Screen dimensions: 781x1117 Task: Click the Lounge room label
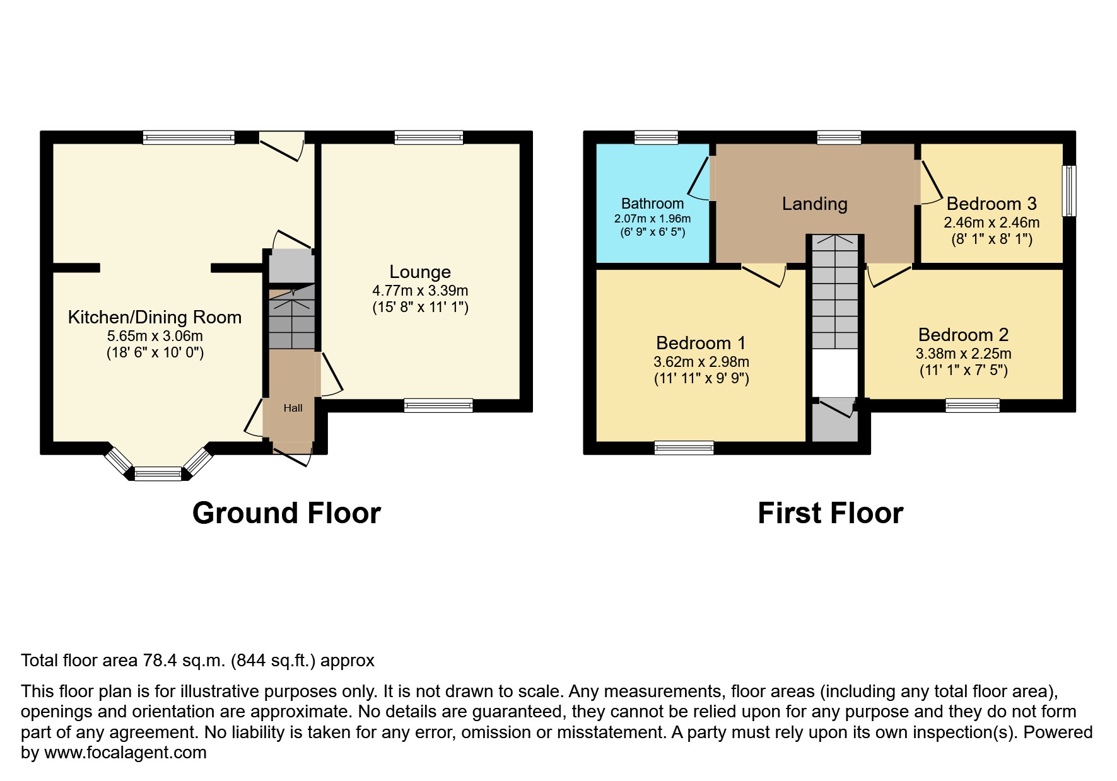tap(420, 272)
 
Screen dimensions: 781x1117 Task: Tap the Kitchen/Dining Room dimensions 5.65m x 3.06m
tap(155, 337)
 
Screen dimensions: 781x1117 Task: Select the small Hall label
tap(293, 408)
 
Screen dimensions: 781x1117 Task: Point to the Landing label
tap(814, 204)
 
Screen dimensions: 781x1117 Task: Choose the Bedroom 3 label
tap(991, 204)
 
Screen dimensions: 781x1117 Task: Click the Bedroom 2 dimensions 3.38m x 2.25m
tap(963, 354)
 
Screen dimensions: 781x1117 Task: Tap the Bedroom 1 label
tap(701, 343)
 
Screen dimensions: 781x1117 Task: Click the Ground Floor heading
tap(286, 513)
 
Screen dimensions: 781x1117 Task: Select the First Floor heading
tap(830, 513)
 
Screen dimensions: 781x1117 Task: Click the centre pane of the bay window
tap(158, 473)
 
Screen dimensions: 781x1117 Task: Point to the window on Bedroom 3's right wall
tap(1069, 191)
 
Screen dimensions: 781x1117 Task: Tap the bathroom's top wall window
tap(656, 137)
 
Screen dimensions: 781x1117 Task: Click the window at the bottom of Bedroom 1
tap(684, 448)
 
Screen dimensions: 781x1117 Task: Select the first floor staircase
tap(835, 293)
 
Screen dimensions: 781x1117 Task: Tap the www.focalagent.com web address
tap(125, 753)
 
